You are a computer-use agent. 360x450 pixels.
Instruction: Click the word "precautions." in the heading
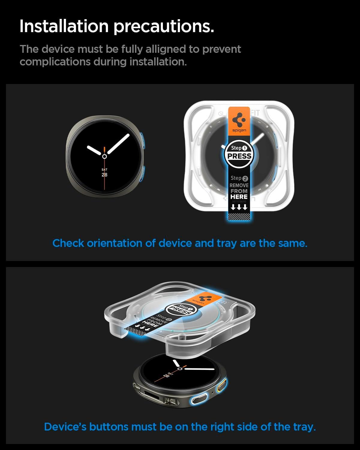click(x=163, y=26)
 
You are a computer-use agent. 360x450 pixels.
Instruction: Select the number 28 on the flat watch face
click(x=104, y=175)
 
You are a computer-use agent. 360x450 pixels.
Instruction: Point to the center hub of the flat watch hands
click(x=104, y=156)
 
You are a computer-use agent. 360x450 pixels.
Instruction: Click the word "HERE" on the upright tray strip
click(x=239, y=197)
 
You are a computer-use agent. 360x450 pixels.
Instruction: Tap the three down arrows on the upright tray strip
click(x=239, y=207)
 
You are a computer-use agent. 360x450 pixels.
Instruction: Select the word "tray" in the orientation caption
click(x=227, y=243)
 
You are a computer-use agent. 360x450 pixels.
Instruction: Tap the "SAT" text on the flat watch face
click(x=104, y=169)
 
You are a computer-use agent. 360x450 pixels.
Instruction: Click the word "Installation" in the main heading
click(x=64, y=26)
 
